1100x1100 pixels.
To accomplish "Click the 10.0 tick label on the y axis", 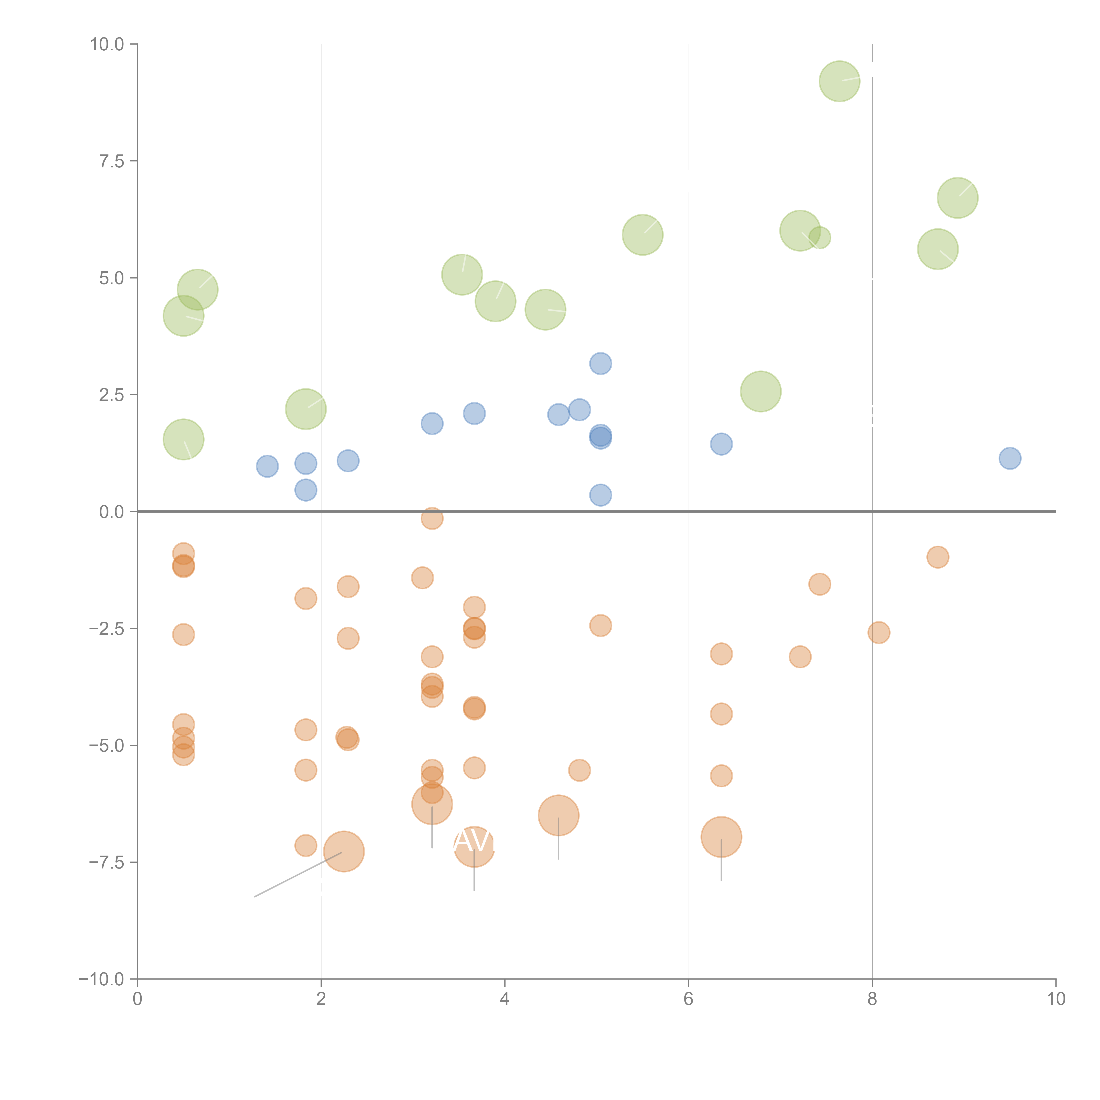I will (107, 44).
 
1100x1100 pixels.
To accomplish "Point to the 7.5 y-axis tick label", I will (112, 161).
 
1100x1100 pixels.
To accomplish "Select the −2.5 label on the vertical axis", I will (106, 629).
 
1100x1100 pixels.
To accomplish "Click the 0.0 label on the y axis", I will (112, 512).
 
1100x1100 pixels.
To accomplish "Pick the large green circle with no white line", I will (761, 391).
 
